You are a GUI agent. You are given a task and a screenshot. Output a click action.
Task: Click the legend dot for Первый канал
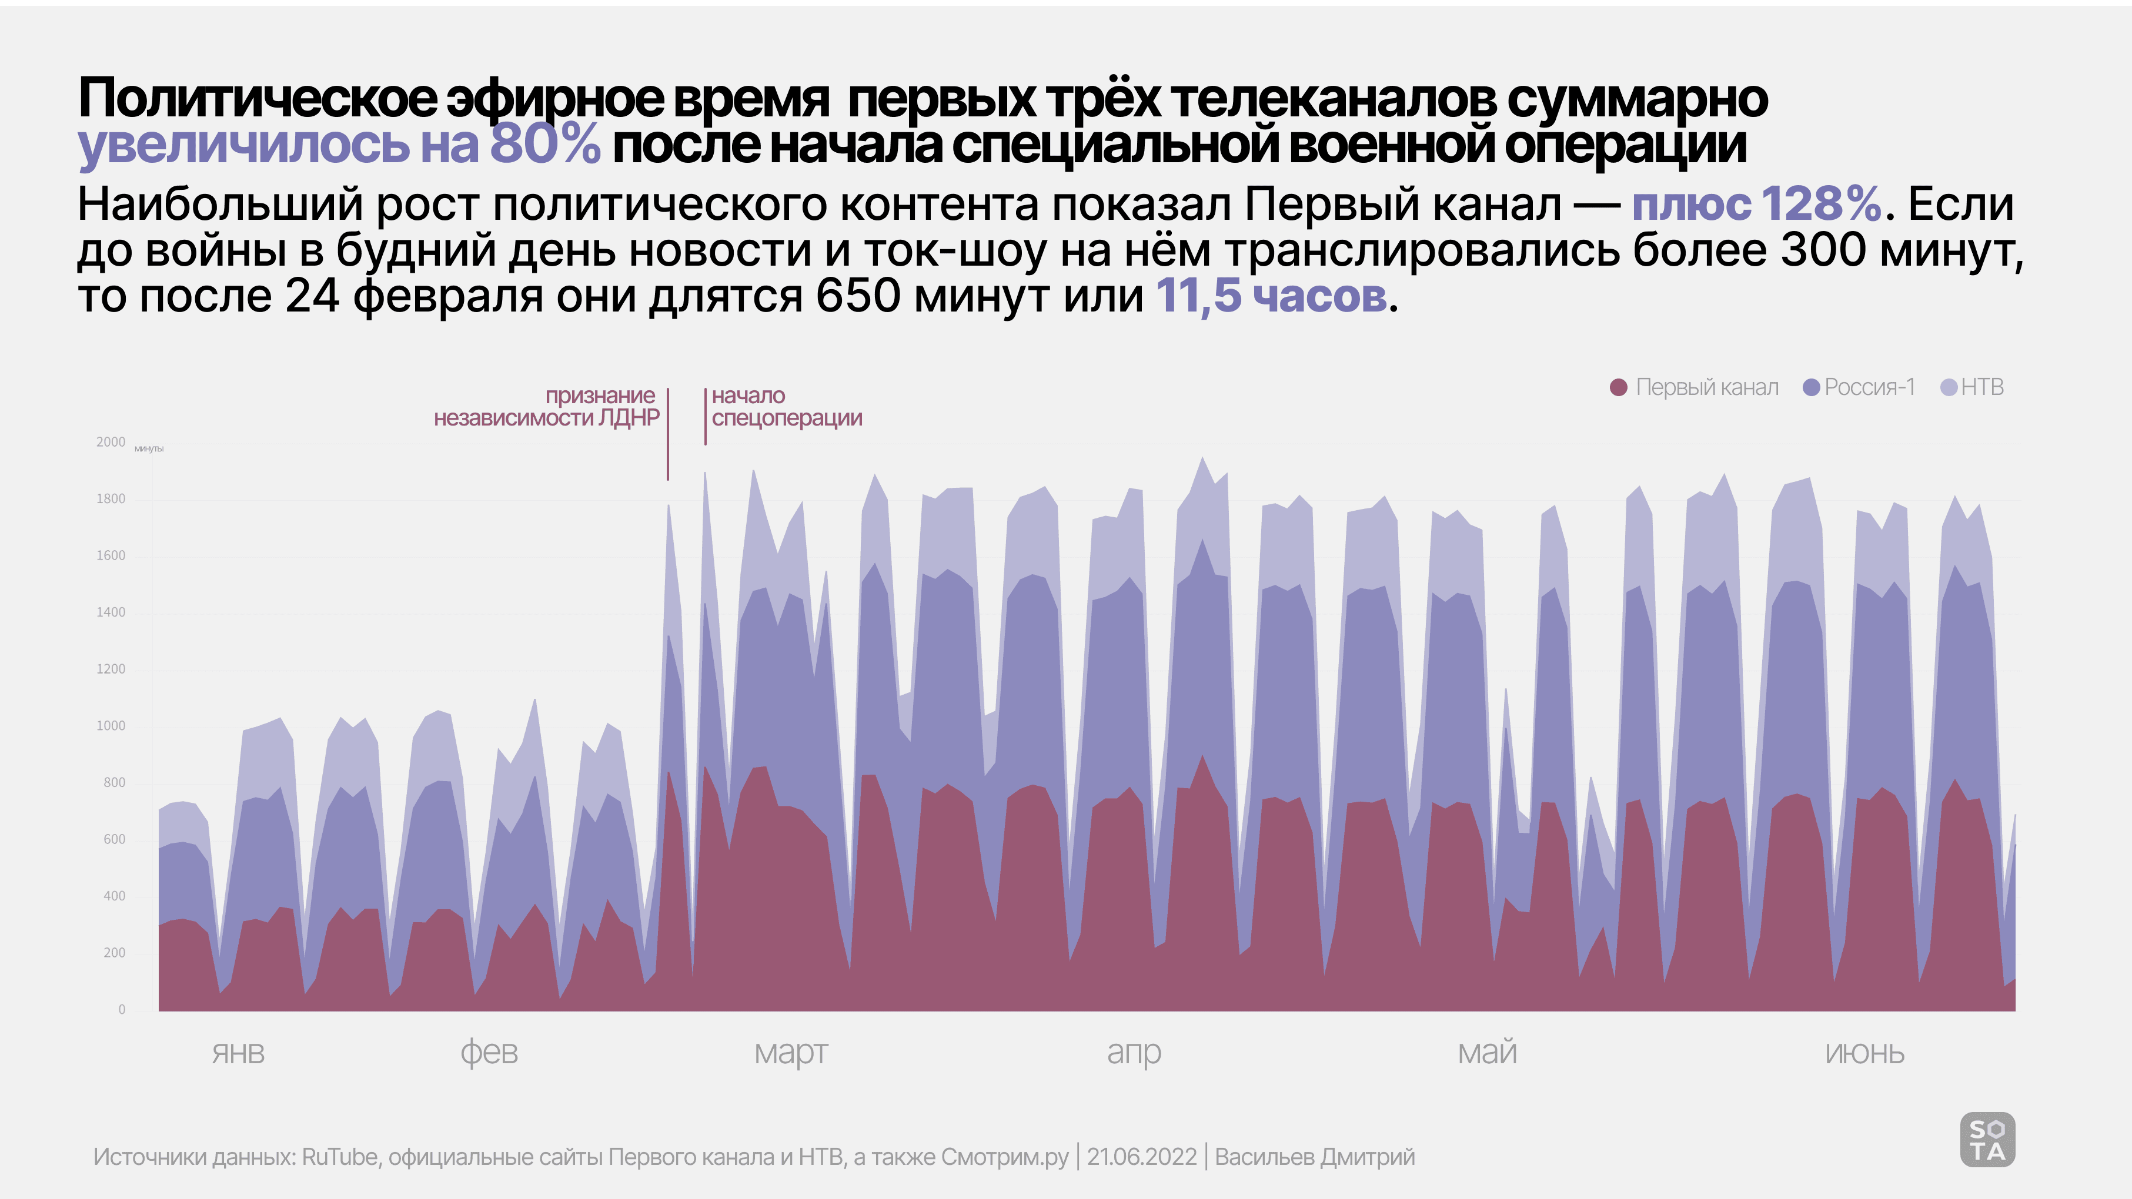1619,387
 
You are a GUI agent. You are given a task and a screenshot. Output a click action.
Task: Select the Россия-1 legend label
1870,387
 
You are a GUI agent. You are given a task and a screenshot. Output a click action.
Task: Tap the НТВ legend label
1982,387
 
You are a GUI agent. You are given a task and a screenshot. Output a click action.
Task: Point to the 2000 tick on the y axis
111,442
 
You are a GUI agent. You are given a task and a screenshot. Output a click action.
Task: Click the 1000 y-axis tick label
111,726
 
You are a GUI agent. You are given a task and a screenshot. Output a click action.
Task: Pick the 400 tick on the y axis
114,896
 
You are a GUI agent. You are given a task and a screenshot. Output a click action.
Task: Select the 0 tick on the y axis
122,1010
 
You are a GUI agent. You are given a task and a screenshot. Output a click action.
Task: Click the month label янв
238,1053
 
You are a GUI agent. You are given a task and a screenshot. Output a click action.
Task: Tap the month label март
790,1053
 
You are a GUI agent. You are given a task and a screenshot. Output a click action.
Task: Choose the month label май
1486,1053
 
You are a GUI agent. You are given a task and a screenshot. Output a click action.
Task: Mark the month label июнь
1864,1053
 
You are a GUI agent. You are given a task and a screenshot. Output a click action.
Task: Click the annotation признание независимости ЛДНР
547,407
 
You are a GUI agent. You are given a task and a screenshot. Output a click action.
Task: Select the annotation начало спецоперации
786,407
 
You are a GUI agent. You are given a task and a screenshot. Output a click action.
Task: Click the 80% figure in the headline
544,144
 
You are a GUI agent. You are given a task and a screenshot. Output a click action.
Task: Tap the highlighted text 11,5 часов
1271,296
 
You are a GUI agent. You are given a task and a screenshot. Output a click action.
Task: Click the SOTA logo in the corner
1987,1140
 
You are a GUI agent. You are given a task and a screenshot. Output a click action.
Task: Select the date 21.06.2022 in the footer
1141,1157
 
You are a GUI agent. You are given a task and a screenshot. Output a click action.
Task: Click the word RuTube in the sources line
339,1157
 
